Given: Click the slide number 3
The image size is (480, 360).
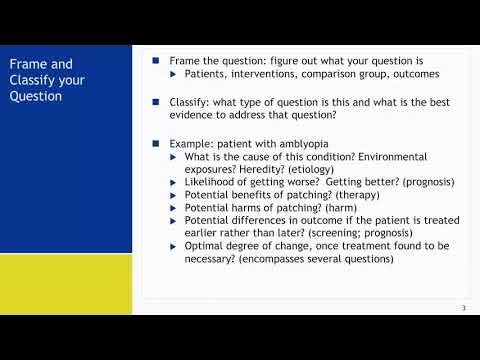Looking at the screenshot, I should (463, 307).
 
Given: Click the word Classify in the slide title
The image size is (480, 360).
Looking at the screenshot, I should (31, 81).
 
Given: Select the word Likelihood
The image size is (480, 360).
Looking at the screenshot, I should (213, 182).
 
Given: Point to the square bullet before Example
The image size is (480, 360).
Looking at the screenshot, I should (156, 144).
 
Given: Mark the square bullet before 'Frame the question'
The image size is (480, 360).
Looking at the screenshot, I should (156, 61).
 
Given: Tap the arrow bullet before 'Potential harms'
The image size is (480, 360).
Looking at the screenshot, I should (174, 208).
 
